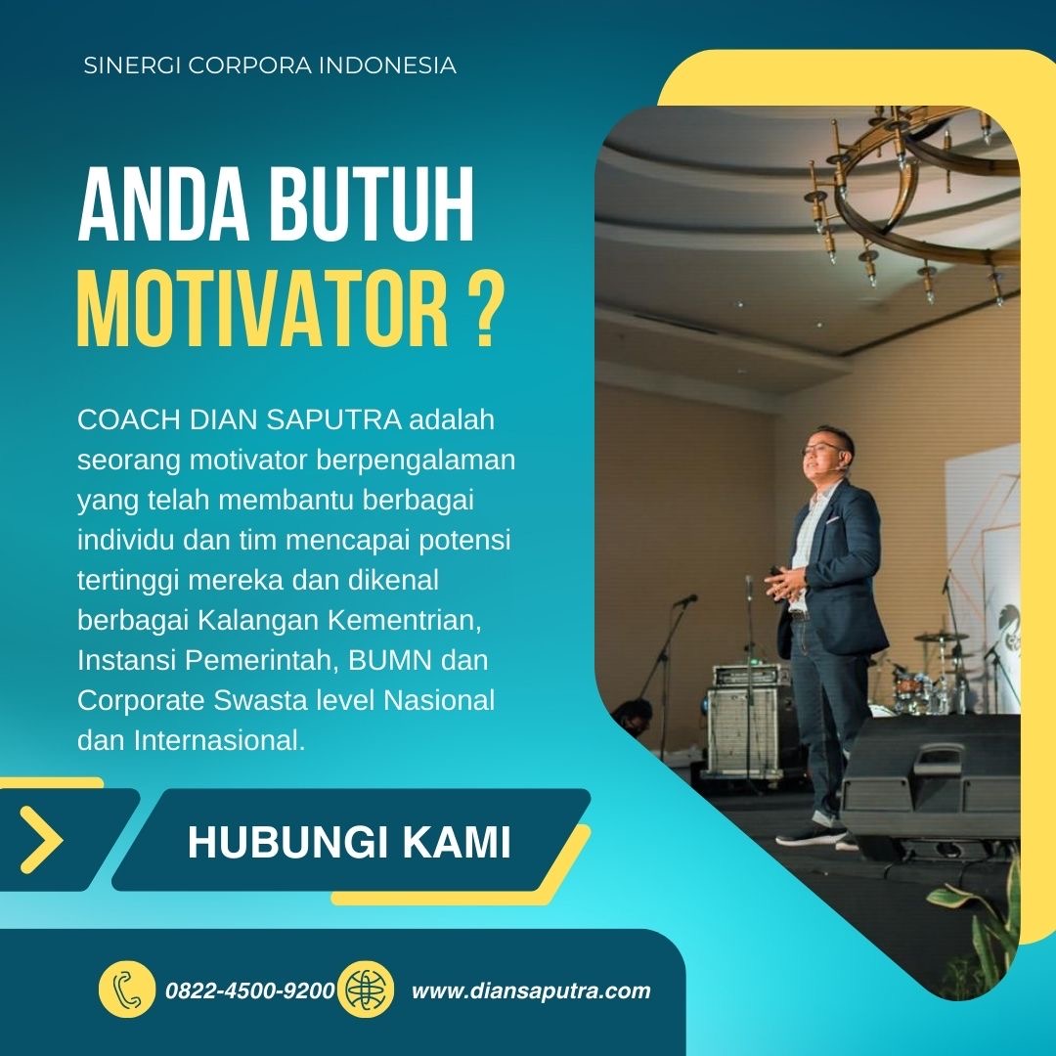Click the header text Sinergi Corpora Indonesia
270,66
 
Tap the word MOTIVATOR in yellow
263,307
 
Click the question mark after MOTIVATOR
486,307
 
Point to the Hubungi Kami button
351,840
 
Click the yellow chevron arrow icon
41,840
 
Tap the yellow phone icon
126,990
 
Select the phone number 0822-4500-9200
250,990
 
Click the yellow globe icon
365,990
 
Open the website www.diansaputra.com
531,990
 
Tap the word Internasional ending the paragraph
220,740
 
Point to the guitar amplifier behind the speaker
749,721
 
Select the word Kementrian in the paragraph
404,620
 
